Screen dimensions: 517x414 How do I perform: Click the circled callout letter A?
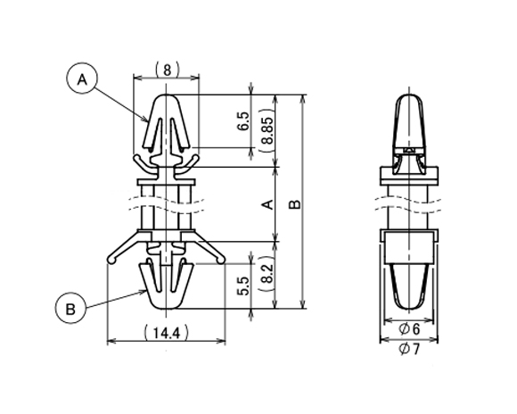[82, 79]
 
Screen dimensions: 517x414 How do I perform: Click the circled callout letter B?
[70, 309]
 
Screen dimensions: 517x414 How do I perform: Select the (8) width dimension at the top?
[168, 70]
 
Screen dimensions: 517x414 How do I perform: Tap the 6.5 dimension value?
[244, 121]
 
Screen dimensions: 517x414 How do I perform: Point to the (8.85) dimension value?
[267, 130]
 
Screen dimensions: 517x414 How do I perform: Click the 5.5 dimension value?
[244, 286]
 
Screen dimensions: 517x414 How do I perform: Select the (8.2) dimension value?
[267, 274]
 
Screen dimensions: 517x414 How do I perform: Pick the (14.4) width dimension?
[167, 333]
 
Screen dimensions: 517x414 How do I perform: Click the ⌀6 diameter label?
[409, 329]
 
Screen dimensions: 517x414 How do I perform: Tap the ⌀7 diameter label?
[409, 349]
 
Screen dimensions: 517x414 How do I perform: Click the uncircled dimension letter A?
[267, 204]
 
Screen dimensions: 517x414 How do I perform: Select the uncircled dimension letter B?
[295, 204]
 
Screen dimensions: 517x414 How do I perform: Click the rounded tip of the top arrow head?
[166, 95]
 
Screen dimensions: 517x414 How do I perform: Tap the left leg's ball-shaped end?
[112, 261]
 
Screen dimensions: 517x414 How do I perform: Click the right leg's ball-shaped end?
[221, 261]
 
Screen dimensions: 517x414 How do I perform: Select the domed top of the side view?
[409, 96]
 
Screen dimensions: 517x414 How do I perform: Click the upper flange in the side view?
[409, 176]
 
